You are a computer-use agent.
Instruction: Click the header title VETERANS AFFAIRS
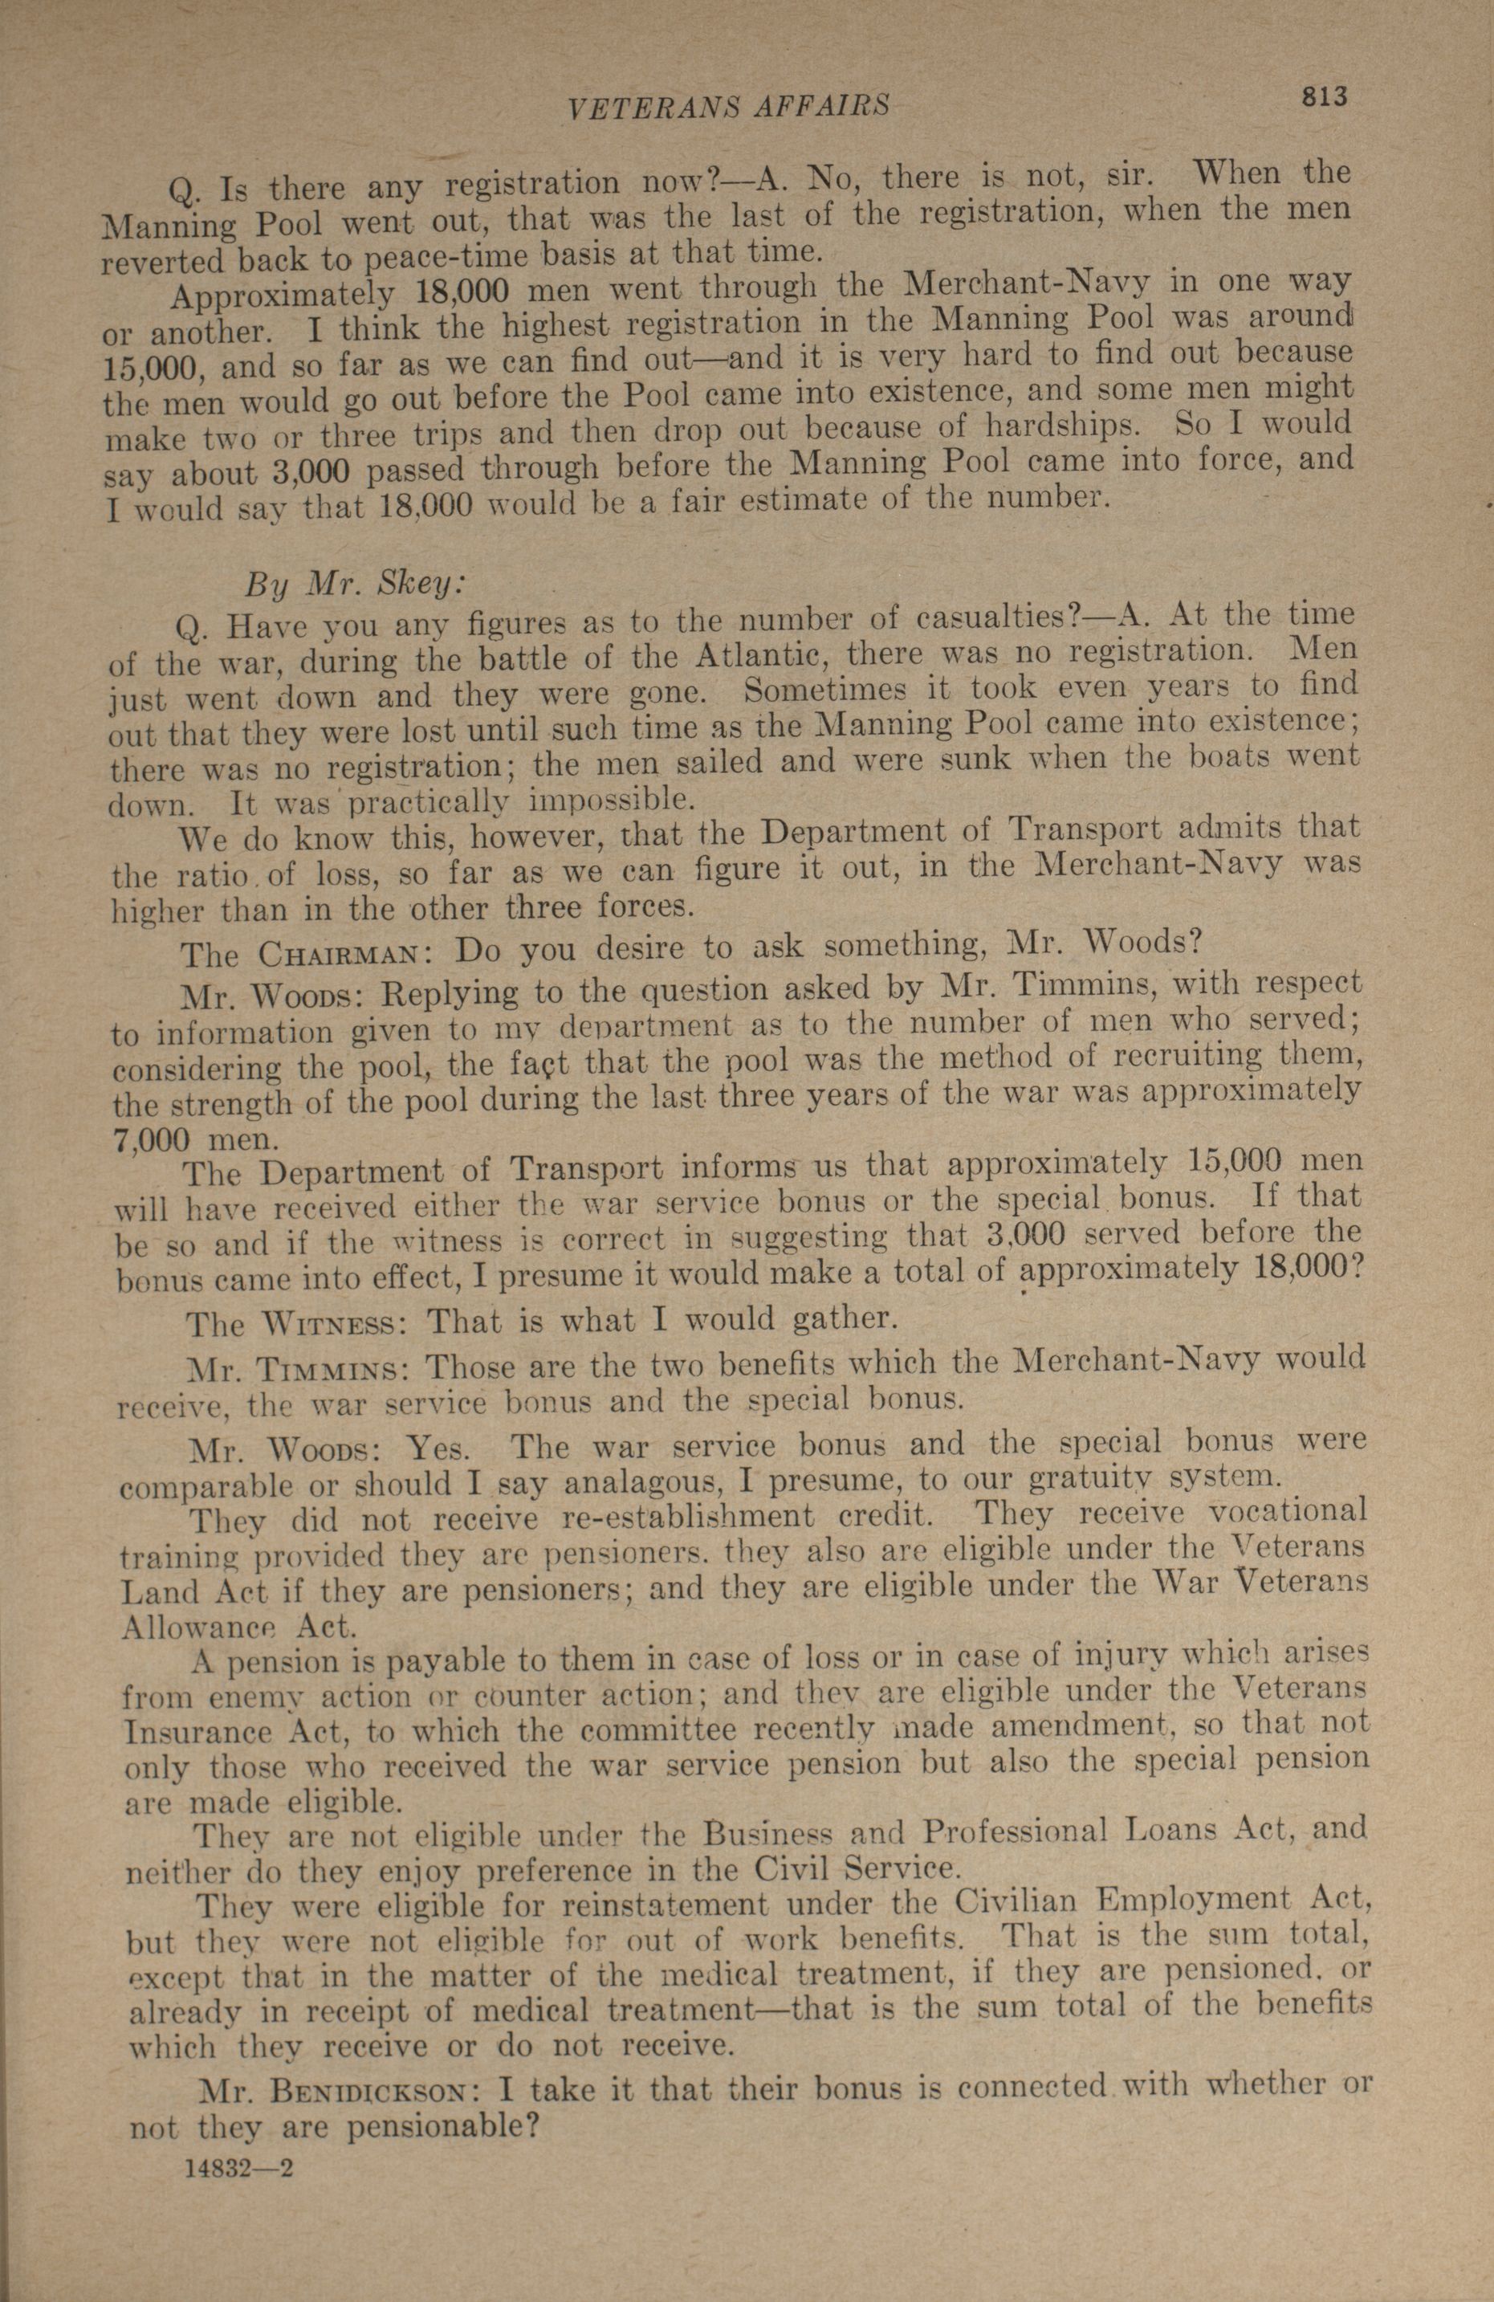pyautogui.click(x=728, y=107)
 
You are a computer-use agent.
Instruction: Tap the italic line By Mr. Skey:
pyautogui.click(x=356, y=585)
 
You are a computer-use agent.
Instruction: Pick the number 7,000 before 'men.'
pyautogui.click(x=151, y=1139)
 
